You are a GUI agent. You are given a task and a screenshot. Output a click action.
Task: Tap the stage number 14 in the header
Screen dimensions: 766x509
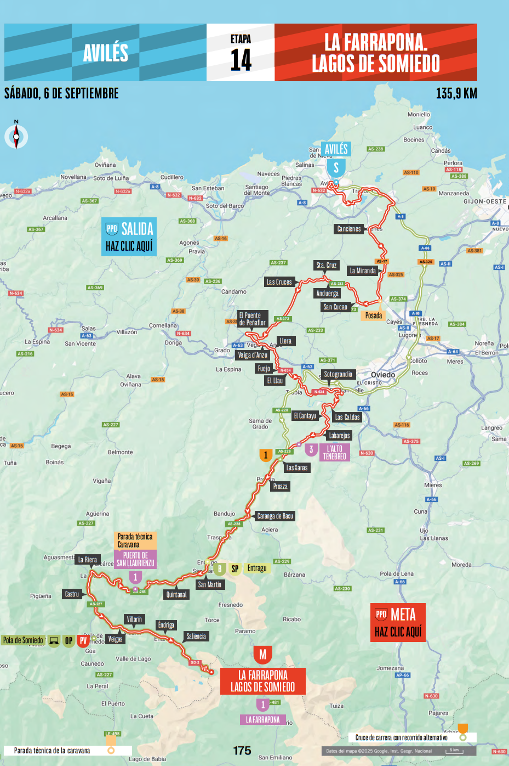(x=241, y=59)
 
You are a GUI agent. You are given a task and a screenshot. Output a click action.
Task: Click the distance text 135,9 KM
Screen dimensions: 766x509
(x=456, y=93)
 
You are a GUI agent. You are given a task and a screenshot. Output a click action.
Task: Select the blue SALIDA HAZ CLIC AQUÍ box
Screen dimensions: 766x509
(x=129, y=237)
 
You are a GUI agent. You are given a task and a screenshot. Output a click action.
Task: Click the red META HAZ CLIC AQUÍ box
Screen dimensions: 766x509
(x=398, y=622)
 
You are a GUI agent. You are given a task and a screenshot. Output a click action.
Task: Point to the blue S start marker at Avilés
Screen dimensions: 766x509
(x=336, y=168)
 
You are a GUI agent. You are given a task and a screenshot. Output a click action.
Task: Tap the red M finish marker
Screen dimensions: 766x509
(x=262, y=655)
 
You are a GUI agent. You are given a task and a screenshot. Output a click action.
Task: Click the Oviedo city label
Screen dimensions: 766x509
(x=383, y=375)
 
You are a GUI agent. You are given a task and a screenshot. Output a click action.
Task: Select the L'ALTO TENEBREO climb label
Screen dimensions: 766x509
(x=334, y=453)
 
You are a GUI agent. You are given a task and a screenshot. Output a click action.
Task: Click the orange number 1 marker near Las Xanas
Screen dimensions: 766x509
(x=266, y=455)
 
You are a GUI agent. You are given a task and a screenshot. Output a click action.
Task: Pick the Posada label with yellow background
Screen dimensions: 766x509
(x=373, y=316)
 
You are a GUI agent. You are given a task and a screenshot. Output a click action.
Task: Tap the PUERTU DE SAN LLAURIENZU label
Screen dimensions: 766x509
(x=135, y=559)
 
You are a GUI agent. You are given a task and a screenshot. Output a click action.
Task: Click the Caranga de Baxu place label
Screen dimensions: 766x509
(x=275, y=516)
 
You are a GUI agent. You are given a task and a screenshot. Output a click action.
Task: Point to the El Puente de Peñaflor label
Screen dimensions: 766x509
(x=253, y=319)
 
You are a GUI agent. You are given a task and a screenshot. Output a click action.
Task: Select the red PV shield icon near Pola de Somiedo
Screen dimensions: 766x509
(x=83, y=640)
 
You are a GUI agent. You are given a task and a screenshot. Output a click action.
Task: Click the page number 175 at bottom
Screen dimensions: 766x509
(x=242, y=751)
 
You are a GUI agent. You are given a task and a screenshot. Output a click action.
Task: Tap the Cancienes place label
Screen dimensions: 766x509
(x=349, y=229)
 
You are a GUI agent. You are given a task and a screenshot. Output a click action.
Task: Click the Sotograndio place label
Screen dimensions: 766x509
(x=338, y=374)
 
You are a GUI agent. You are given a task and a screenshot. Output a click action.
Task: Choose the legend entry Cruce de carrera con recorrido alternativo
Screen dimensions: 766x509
(x=401, y=737)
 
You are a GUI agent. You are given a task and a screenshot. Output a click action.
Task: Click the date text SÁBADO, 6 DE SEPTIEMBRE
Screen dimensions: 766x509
(x=61, y=93)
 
